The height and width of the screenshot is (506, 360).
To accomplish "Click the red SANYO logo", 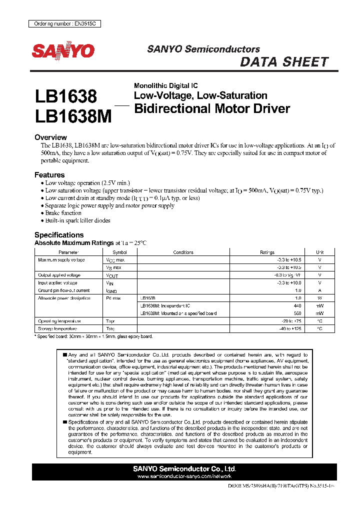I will coord(63,50).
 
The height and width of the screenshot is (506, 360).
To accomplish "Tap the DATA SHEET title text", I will coord(284,62).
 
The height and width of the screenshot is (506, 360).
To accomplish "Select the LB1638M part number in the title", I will coord(73,116).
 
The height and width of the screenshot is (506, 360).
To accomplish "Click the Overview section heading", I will coord(50,137).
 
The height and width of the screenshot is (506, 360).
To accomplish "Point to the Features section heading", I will coord(49,175).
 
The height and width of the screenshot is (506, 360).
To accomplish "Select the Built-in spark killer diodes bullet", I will coord(77,220).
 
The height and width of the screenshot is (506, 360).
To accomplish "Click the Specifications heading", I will coord(59,235).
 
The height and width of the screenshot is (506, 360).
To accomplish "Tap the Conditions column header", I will coord(183,252).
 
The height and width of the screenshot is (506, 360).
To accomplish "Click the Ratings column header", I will coord(267,252).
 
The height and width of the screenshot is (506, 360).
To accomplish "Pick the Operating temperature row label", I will coord(59,321).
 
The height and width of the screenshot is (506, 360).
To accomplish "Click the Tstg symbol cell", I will coord(110,328).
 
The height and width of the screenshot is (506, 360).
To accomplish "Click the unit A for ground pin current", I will coord(320,290).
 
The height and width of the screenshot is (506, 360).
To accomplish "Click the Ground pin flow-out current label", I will coord(64,290).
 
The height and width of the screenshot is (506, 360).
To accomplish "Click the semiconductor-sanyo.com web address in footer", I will coord(184,476).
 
